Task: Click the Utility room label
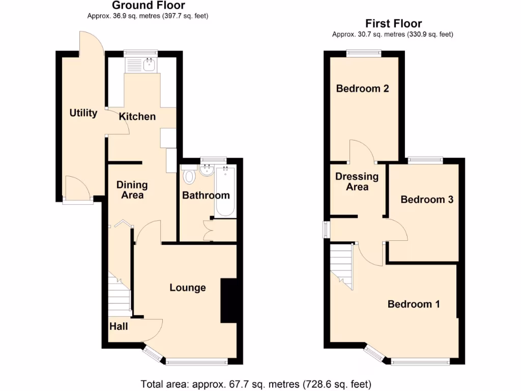(83, 113)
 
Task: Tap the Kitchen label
(137, 117)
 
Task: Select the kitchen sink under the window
(142, 65)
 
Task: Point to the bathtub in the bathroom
(225, 191)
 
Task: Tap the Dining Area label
(132, 190)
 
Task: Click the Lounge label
(187, 288)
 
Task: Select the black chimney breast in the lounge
(228, 300)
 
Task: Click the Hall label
(119, 326)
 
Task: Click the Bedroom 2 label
(362, 89)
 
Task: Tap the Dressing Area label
(357, 182)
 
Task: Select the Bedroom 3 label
(426, 200)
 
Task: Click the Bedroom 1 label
(413, 304)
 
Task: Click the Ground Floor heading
(148, 6)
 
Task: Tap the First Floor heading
(393, 23)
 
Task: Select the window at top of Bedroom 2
(364, 52)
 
